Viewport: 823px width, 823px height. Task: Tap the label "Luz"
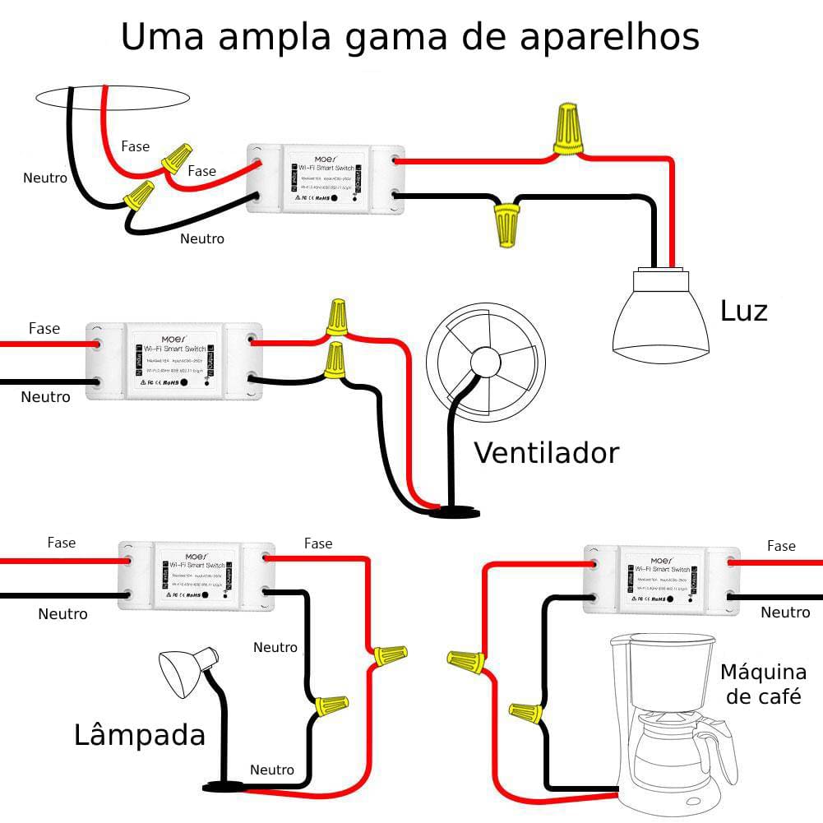click(x=743, y=312)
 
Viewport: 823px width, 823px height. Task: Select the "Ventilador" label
click(x=546, y=452)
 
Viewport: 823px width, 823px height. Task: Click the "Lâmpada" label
click(x=140, y=734)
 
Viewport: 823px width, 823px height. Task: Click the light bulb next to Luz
click(x=660, y=317)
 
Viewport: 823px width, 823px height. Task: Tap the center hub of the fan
click(x=485, y=363)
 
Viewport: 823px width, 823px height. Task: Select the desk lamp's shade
click(x=183, y=670)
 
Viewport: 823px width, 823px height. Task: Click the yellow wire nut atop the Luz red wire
click(x=566, y=129)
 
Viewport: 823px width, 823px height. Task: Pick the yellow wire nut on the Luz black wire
click(x=506, y=225)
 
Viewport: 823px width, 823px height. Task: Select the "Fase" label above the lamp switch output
click(x=318, y=543)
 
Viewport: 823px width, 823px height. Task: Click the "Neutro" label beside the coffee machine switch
click(x=785, y=613)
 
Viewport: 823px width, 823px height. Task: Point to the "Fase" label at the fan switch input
click(x=44, y=329)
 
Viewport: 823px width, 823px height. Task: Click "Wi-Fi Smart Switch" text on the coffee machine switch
click(x=658, y=569)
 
